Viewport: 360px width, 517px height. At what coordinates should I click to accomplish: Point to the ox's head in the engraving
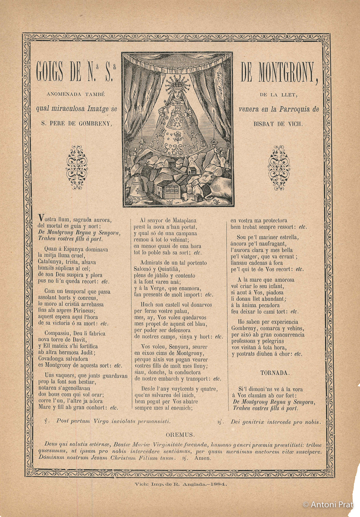click(206, 178)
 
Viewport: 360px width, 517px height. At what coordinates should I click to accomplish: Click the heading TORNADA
click(275, 373)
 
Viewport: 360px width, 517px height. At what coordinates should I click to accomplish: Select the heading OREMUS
click(180, 434)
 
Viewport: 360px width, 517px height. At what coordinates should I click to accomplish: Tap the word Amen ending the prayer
click(203, 458)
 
